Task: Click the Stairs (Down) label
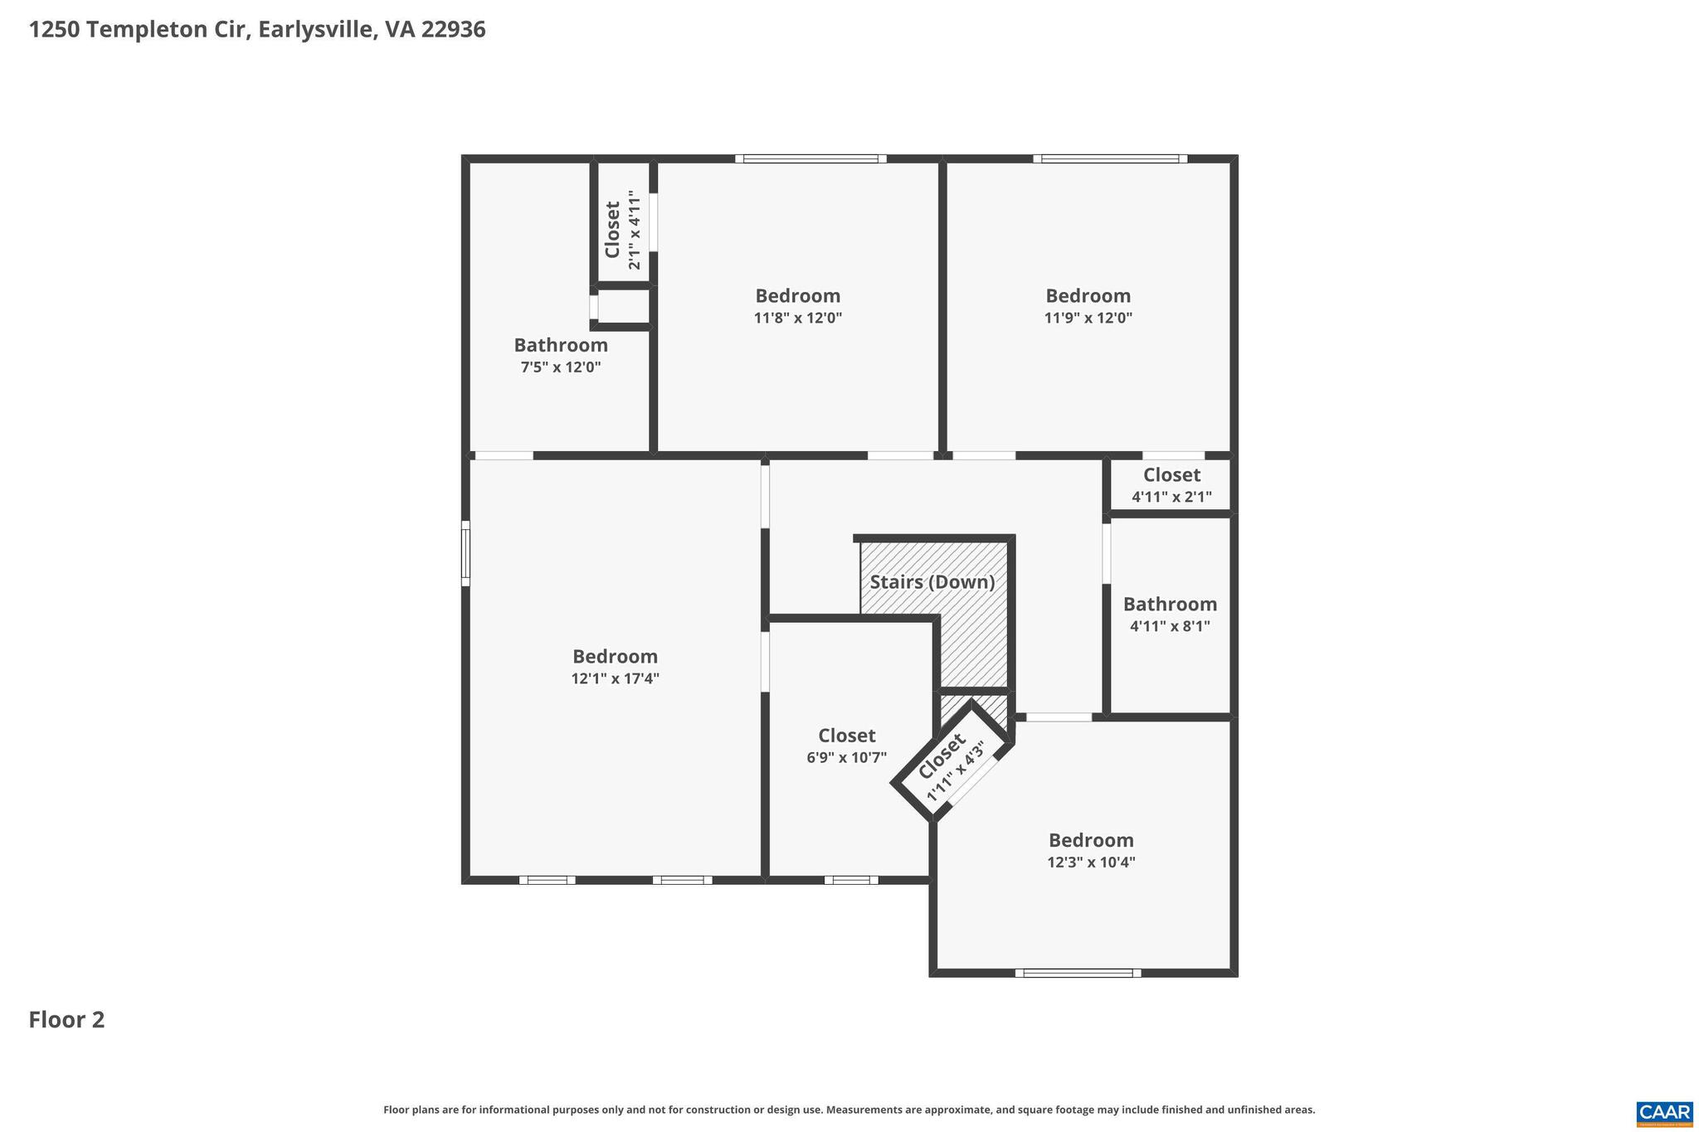pyautogui.click(x=932, y=582)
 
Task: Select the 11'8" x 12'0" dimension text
pyautogui.click(x=797, y=318)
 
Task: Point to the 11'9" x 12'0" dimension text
pyautogui.click(x=1088, y=318)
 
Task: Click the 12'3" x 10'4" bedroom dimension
pyautogui.click(x=1091, y=862)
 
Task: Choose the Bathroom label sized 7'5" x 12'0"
pyautogui.click(x=561, y=345)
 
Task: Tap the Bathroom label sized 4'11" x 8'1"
pyautogui.click(x=1170, y=605)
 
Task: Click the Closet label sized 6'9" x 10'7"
pyautogui.click(x=846, y=736)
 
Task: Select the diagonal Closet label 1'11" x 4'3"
pyautogui.click(x=942, y=756)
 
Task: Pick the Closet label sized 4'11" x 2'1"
pyautogui.click(x=1171, y=475)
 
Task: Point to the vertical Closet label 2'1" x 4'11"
pyautogui.click(x=613, y=230)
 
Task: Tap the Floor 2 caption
pyautogui.click(x=66, y=1020)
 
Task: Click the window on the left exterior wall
pyautogui.click(x=465, y=553)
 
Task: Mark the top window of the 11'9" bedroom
pyautogui.click(x=1110, y=158)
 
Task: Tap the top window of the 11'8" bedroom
pyautogui.click(x=811, y=158)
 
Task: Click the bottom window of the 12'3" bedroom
pyautogui.click(x=1078, y=973)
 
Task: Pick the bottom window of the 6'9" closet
pyautogui.click(x=851, y=880)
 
